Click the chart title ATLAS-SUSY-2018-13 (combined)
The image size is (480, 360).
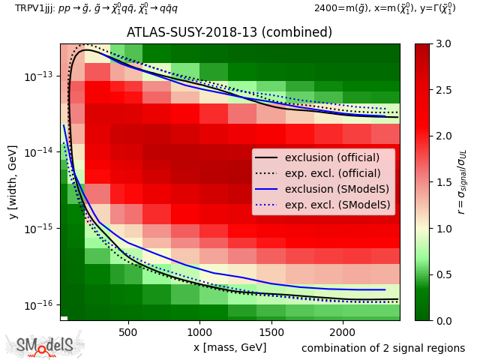(x=229, y=33)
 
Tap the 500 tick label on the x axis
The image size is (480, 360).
(x=128, y=331)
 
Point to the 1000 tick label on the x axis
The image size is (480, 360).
(x=199, y=331)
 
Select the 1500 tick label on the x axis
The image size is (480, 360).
(x=271, y=331)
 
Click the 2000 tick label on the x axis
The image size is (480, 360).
(x=343, y=331)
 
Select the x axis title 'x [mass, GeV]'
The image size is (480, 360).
(x=229, y=347)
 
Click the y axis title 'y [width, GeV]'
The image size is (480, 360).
(x=13, y=182)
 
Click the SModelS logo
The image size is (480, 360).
(x=45, y=345)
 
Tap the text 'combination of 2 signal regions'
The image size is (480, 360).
(x=383, y=348)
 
